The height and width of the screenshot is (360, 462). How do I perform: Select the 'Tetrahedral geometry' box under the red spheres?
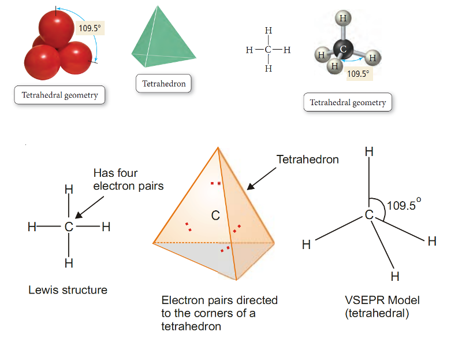[x=59, y=95]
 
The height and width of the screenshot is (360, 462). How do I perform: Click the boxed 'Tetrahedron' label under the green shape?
[x=164, y=84]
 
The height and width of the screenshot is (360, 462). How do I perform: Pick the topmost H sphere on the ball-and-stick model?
[x=343, y=18]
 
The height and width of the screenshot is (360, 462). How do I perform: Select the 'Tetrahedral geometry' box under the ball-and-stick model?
[x=348, y=103]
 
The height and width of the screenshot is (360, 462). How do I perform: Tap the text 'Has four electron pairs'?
[x=128, y=180]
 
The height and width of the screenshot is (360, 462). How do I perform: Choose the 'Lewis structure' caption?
[x=68, y=290]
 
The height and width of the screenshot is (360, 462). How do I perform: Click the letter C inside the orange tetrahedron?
[x=215, y=216]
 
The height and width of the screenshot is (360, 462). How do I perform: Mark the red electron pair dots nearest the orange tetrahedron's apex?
[x=215, y=184]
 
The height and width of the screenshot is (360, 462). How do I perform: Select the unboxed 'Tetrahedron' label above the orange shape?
[x=307, y=159]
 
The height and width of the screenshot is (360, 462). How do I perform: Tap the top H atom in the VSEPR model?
[x=369, y=152]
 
